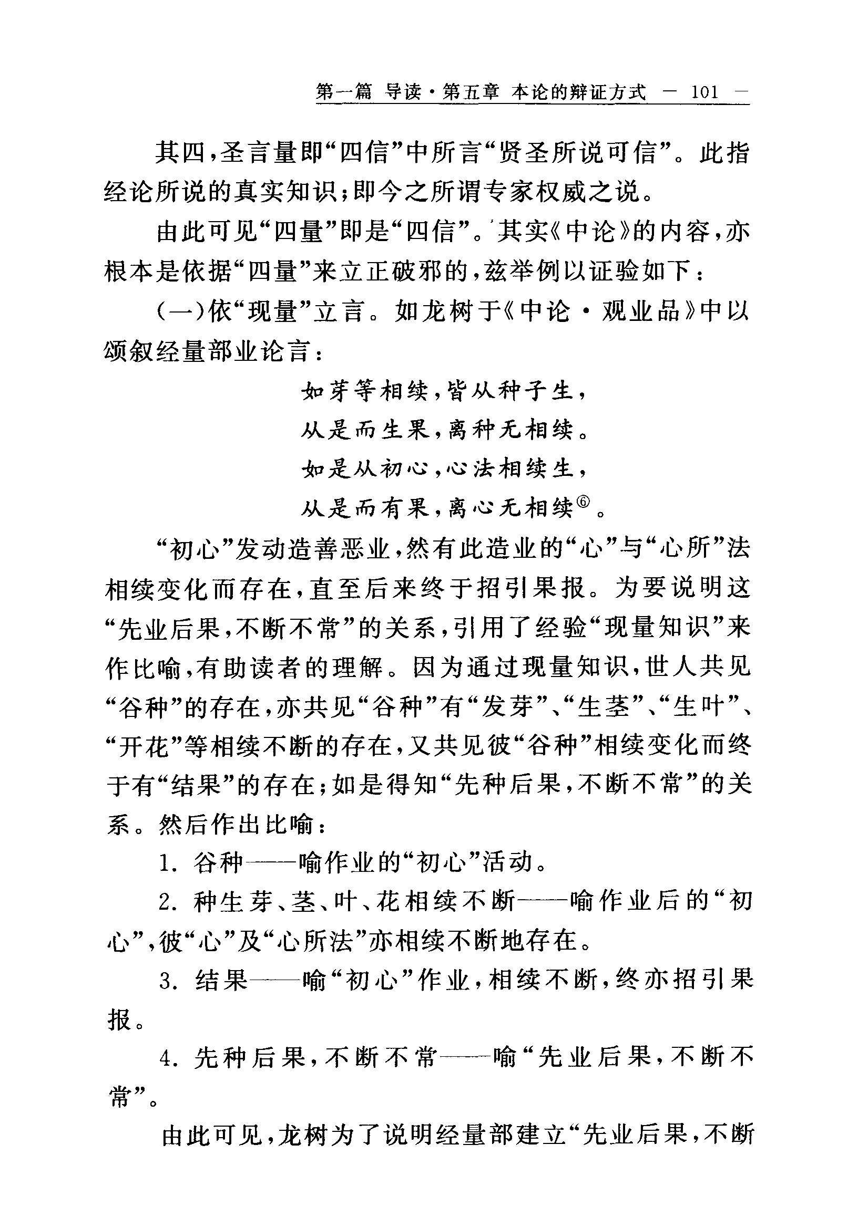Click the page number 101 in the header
coord(704,92)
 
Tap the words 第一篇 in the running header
coord(344,92)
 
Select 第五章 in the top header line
coord(471,92)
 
